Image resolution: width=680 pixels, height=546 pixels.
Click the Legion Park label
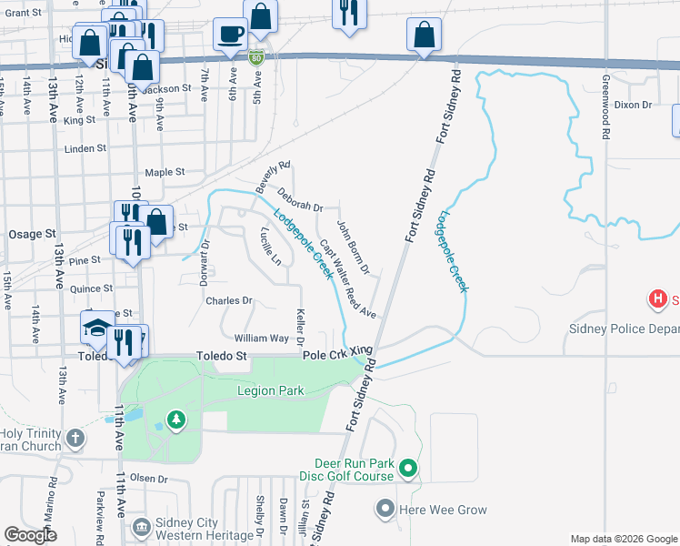click(x=270, y=390)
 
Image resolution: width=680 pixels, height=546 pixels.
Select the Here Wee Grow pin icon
click(x=386, y=510)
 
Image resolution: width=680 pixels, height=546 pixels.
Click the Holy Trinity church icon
click(x=75, y=439)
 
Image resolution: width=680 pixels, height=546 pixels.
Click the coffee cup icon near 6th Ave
click(x=229, y=35)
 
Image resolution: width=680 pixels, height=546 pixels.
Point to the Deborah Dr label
click(x=300, y=200)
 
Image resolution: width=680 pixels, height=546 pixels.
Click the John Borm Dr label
click(x=353, y=246)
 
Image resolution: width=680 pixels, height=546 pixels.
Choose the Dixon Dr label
click(x=633, y=105)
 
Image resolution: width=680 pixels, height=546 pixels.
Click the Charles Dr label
click(x=228, y=300)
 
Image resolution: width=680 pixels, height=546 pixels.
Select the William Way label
click(x=261, y=338)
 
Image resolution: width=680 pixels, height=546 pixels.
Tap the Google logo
click(x=29, y=534)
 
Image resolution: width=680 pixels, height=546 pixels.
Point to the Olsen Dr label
click(x=150, y=478)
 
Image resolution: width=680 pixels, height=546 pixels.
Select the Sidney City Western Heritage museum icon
click(x=141, y=527)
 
